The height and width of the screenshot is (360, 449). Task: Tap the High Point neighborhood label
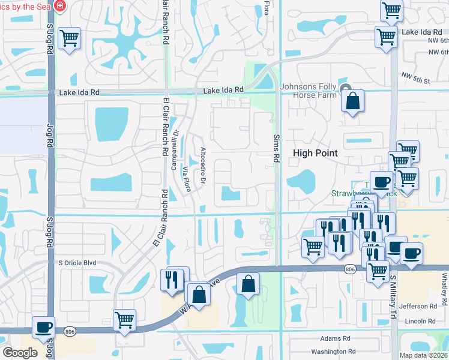315,153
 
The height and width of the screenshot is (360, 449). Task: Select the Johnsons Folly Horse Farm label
309,91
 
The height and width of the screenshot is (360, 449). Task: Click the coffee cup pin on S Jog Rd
43,328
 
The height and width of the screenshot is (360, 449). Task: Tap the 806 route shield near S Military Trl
349,271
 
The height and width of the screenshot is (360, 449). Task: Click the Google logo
20,352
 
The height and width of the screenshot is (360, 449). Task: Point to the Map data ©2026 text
423,355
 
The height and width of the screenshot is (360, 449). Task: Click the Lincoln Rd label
420,322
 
